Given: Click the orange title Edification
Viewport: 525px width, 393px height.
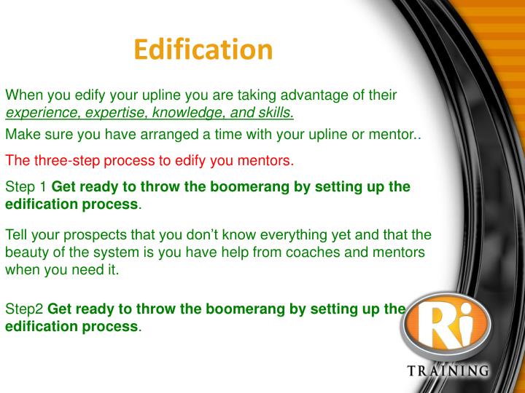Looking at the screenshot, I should click(203, 50).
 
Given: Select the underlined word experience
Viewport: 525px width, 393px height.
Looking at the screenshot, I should click(42, 113).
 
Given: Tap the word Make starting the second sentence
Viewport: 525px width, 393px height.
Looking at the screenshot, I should click(21, 135).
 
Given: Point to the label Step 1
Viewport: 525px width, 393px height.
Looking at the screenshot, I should click(25, 187).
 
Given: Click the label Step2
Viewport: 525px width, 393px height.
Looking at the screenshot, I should click(24, 309).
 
